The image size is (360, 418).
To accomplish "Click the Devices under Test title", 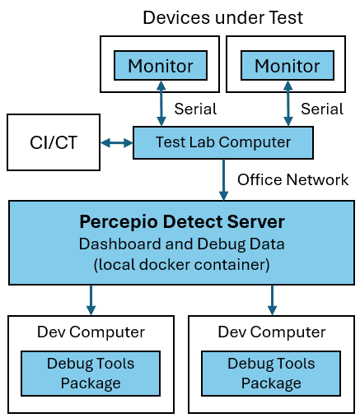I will coord(222,16).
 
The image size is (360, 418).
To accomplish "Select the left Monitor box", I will coord(161,65).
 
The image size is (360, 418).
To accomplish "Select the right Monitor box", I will coord(287,65).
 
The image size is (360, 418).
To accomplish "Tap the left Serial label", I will coord(196,109).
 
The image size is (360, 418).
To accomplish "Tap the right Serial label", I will coord(322,109).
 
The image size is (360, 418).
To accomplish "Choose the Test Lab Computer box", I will coord(223,143).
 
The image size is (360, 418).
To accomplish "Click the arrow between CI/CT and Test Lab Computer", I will coord(116,143).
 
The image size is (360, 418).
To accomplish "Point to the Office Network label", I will coord(292,179).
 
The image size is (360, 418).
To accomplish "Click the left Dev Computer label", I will coord(91,332).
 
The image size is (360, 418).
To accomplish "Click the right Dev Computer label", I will coord(272,332).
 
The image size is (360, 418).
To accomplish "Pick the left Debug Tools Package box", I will coord(91,373).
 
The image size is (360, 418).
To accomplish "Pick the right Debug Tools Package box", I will coord(272,373).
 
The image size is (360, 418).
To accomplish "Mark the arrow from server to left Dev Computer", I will coord(91,300).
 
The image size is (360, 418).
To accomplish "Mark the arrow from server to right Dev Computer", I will coord(272,300).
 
